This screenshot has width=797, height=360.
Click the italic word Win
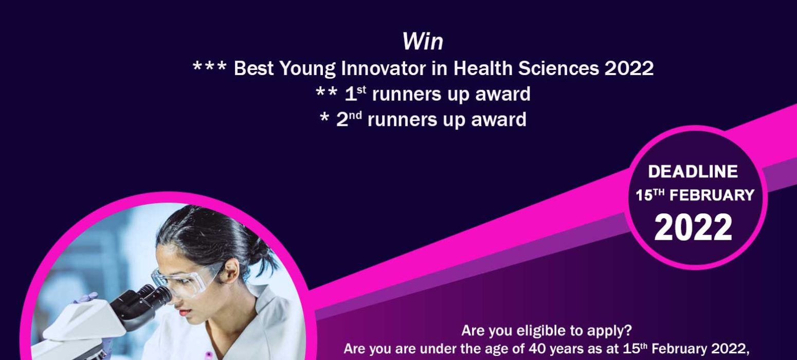click(x=423, y=42)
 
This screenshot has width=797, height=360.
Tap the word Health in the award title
click(x=483, y=68)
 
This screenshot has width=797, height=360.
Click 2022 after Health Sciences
click(x=629, y=68)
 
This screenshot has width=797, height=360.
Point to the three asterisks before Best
click(x=210, y=66)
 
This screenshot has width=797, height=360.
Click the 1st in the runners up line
click(x=355, y=94)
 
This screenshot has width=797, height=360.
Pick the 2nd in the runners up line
click(x=349, y=119)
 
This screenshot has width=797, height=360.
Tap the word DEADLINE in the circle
click(x=693, y=171)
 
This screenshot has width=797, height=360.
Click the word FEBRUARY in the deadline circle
click(x=712, y=195)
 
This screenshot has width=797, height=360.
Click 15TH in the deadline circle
click(x=650, y=195)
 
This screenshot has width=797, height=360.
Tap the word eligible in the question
click(x=541, y=331)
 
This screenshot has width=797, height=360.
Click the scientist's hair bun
click(x=263, y=253)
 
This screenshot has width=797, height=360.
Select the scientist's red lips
click(x=186, y=312)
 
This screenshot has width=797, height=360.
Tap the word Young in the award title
click(x=307, y=68)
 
